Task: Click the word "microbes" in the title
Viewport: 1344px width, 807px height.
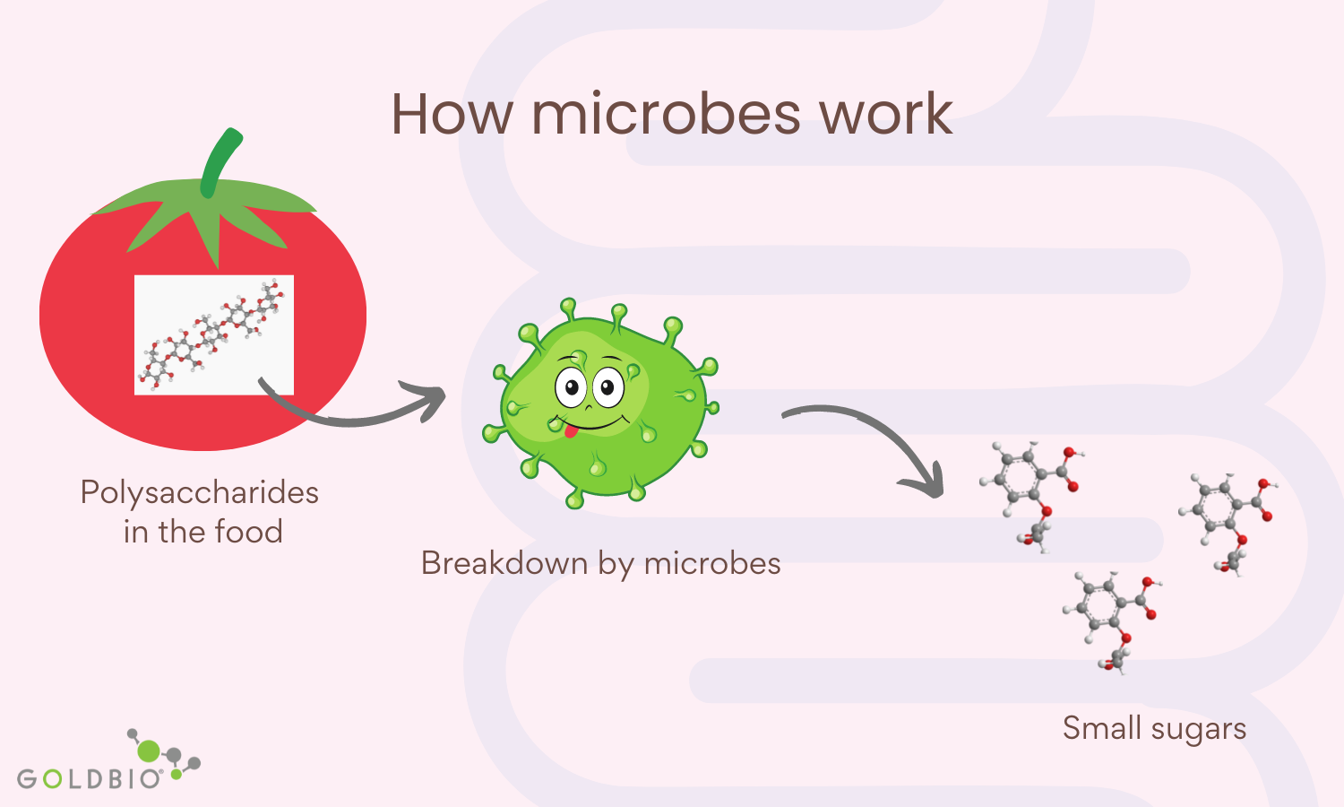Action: (x=666, y=114)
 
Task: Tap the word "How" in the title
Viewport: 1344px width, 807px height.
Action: (x=453, y=114)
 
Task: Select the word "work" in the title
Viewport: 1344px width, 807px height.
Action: (x=887, y=114)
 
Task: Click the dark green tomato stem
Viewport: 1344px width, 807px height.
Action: (x=220, y=162)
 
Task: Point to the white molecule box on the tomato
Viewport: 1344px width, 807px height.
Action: (x=213, y=335)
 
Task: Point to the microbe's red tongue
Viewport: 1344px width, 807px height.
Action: (x=571, y=430)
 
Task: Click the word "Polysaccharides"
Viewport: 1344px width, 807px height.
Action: (x=199, y=494)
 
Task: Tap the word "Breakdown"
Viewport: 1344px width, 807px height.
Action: (x=504, y=563)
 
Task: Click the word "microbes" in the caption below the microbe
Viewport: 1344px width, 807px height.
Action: (x=712, y=563)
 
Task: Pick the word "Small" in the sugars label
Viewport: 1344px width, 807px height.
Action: (x=1101, y=728)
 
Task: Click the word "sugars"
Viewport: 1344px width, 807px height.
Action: (x=1199, y=730)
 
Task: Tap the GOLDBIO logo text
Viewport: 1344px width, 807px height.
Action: (x=90, y=779)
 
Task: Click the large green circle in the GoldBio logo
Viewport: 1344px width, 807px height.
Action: (x=149, y=751)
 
